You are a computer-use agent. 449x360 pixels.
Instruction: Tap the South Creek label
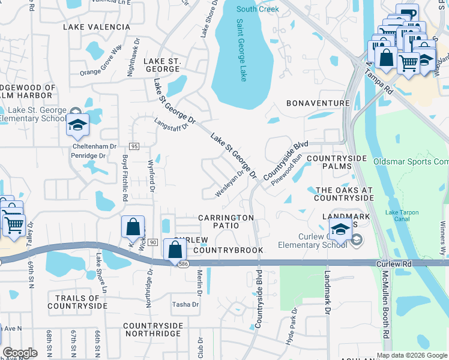[258, 9]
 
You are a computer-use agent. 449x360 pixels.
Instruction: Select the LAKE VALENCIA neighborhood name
[96, 27]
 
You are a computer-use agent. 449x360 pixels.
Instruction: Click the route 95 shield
[134, 146]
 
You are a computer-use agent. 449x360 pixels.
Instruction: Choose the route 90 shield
[153, 242]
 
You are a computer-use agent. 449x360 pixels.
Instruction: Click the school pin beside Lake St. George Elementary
[77, 124]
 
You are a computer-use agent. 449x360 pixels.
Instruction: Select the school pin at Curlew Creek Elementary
[340, 229]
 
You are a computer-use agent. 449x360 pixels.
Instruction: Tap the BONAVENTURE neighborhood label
[318, 103]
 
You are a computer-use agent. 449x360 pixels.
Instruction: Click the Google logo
[20, 353]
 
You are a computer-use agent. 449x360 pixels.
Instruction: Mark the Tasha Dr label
[185, 304]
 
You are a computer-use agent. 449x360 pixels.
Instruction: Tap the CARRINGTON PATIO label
[226, 221]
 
